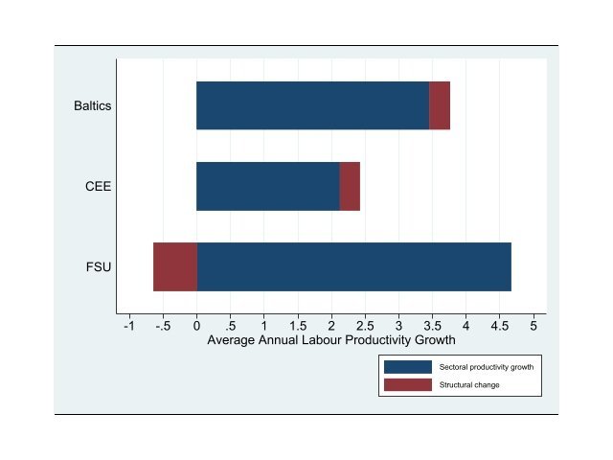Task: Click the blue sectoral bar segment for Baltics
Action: click(x=312, y=105)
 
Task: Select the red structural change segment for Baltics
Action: click(x=439, y=105)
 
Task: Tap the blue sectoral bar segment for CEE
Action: click(x=268, y=186)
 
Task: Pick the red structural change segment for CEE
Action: click(x=350, y=186)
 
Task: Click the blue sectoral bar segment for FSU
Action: click(x=353, y=266)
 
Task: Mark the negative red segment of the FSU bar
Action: click(x=175, y=266)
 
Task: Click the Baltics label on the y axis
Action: click(x=93, y=105)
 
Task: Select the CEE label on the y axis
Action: click(x=99, y=186)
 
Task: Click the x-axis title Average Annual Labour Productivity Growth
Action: click(x=330, y=340)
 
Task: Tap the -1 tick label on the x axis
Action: click(x=129, y=326)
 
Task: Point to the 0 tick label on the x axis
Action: click(x=196, y=326)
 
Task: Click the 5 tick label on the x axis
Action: click(x=533, y=326)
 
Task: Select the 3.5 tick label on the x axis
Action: click(x=432, y=326)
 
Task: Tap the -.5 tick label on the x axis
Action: click(x=162, y=326)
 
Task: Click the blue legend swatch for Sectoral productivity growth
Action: click(x=407, y=367)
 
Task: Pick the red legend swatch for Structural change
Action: click(x=407, y=385)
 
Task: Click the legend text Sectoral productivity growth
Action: click(x=486, y=367)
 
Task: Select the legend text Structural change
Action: click(x=469, y=385)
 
